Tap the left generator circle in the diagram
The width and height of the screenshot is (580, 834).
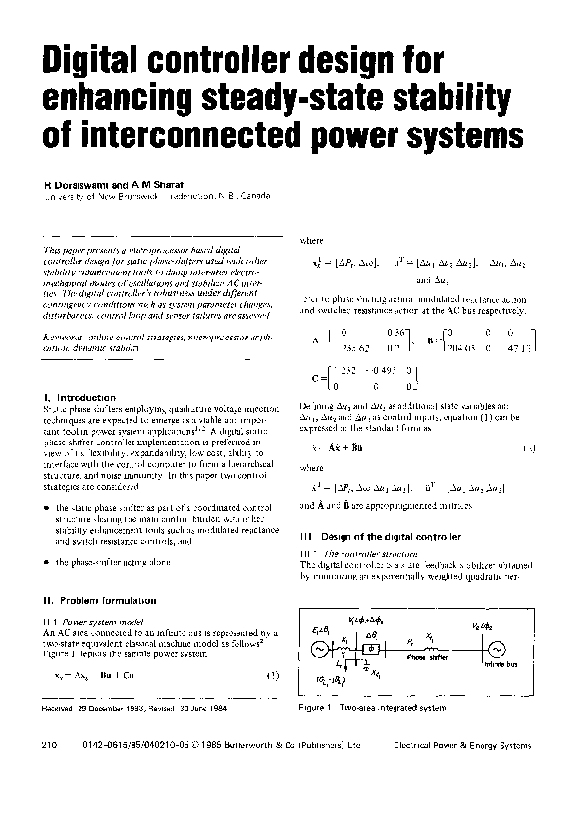click(x=320, y=649)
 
